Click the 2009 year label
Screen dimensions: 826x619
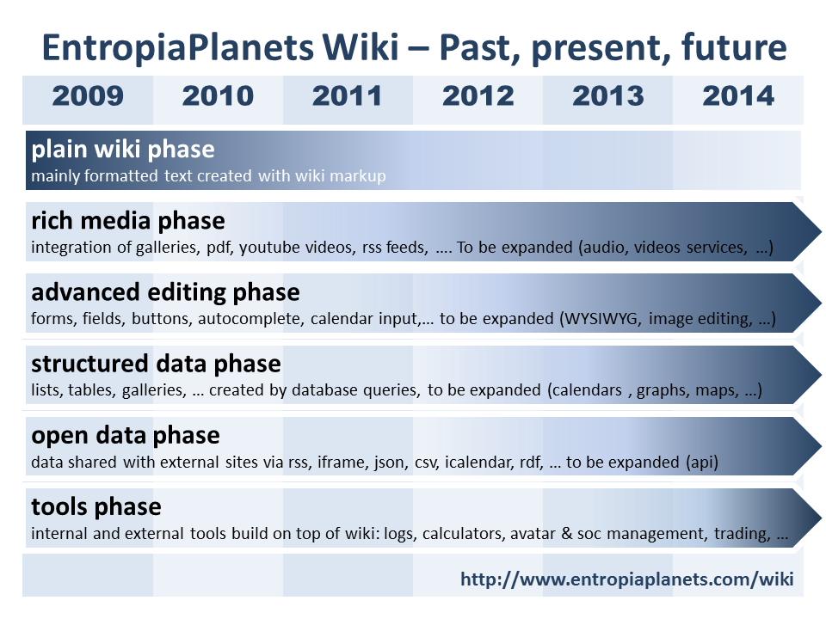(x=88, y=96)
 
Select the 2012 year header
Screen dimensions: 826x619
(x=478, y=96)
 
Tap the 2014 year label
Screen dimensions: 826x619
(x=738, y=96)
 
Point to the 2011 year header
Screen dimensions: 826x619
(x=347, y=96)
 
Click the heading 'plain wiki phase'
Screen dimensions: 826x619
(x=123, y=150)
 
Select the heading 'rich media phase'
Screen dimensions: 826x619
(x=128, y=221)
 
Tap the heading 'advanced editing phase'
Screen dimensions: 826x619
(x=165, y=292)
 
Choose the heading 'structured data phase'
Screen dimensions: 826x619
(x=156, y=365)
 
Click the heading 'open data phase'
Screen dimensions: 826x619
(x=126, y=436)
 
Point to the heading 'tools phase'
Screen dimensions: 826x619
(x=96, y=507)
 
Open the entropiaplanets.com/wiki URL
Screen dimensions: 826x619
(x=627, y=579)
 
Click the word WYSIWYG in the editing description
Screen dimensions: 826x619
(x=601, y=318)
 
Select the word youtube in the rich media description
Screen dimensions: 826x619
(x=271, y=248)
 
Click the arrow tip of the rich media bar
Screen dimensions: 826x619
(x=821, y=231)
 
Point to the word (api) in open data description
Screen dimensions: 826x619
(x=702, y=463)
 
